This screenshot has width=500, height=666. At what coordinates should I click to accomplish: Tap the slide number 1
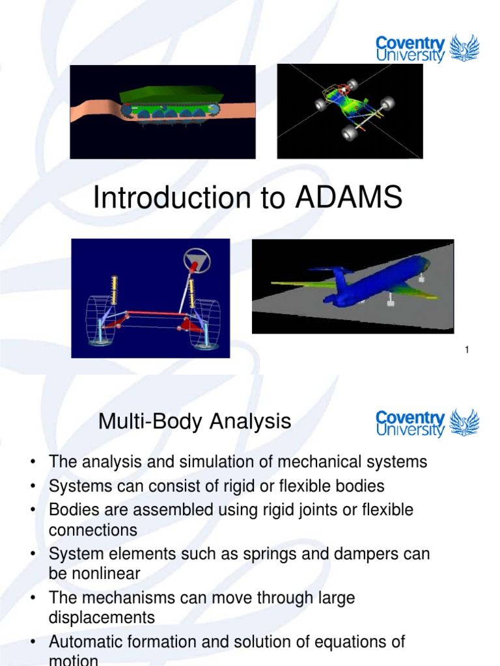click(467, 351)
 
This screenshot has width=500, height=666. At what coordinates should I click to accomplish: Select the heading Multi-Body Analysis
click(195, 421)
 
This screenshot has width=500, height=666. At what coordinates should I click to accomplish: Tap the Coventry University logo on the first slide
click(427, 49)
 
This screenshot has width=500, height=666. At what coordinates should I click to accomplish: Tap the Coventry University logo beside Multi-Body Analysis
click(427, 423)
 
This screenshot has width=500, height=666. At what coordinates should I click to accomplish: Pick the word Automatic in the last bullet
click(87, 642)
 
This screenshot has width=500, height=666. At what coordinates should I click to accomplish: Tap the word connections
click(93, 530)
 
